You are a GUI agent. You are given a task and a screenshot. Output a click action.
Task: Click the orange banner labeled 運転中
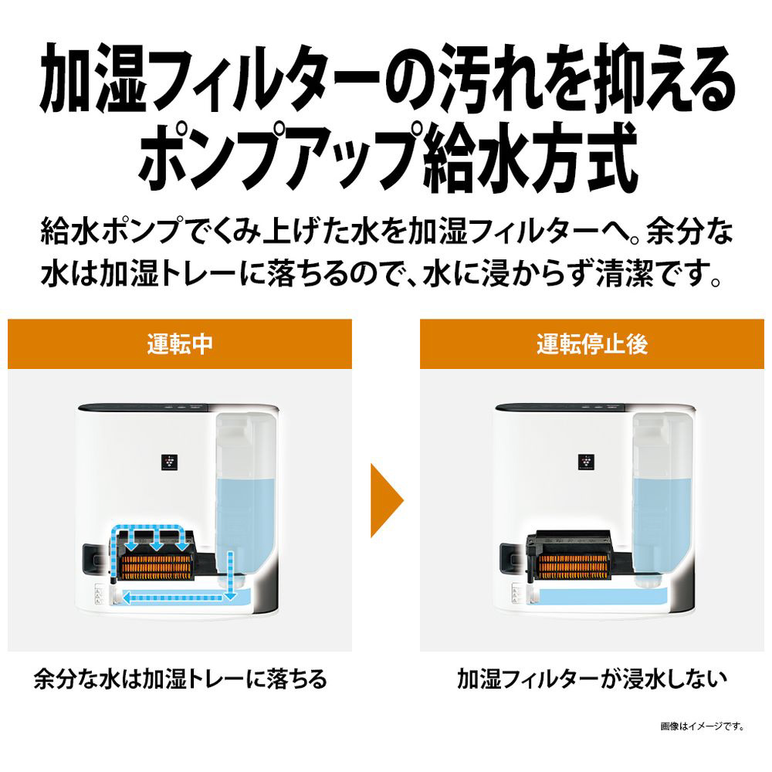coord(180,344)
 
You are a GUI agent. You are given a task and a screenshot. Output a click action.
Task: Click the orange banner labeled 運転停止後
coord(592,344)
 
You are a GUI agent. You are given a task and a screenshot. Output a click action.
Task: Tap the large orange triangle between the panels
coord(387,500)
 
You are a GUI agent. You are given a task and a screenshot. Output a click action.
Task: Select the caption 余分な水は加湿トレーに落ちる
coord(180,679)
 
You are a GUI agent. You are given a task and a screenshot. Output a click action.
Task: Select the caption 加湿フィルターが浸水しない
coord(592,679)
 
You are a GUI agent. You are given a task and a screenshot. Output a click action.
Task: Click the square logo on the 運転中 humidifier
coord(169,462)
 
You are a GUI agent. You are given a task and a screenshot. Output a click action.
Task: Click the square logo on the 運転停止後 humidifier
coord(586,462)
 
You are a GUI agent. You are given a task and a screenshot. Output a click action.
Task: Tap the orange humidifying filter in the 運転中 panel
coord(156,564)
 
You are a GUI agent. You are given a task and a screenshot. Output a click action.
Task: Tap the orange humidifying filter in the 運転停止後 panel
coord(573,564)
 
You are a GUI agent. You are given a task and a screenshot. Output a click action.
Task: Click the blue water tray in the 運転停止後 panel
coord(604,595)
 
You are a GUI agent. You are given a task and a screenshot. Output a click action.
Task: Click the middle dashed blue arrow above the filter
coord(157,539)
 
